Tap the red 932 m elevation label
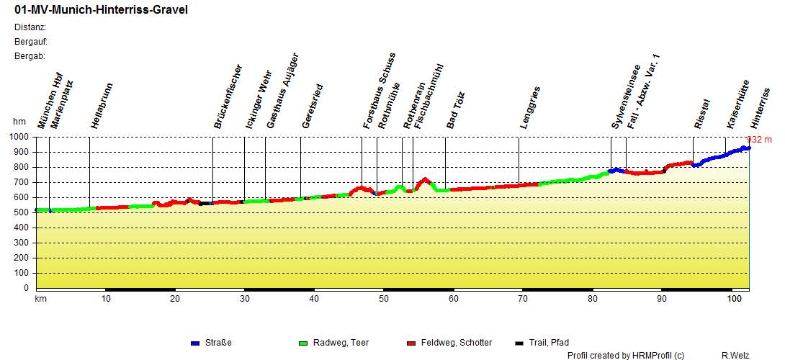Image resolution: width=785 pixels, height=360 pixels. (x=759, y=140)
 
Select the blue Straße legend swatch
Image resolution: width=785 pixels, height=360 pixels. (x=196, y=343)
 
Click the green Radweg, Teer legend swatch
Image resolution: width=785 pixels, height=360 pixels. (x=303, y=343)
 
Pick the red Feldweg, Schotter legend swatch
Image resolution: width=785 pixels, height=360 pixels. (x=412, y=343)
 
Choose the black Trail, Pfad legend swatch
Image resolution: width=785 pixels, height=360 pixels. (x=520, y=343)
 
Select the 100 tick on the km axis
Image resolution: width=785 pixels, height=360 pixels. (x=735, y=298)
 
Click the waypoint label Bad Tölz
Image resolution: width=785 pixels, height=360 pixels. (x=457, y=110)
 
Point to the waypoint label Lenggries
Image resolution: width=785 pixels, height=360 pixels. (x=530, y=109)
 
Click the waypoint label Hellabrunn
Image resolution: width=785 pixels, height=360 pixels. (x=102, y=106)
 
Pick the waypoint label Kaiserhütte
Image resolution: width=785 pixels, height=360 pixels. (x=737, y=104)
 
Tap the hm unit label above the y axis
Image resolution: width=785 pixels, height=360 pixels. (x=19, y=122)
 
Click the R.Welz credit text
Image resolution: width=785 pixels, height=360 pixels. (x=735, y=355)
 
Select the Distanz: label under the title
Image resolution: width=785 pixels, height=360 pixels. (x=30, y=27)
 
